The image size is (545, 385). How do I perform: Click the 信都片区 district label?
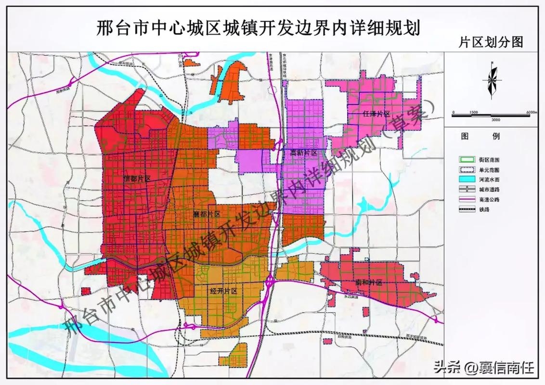click(137, 178)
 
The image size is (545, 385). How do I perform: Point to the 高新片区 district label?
click(304, 153)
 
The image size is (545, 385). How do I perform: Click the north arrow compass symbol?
click(492, 80)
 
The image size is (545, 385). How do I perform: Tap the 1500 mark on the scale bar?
click(473, 112)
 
